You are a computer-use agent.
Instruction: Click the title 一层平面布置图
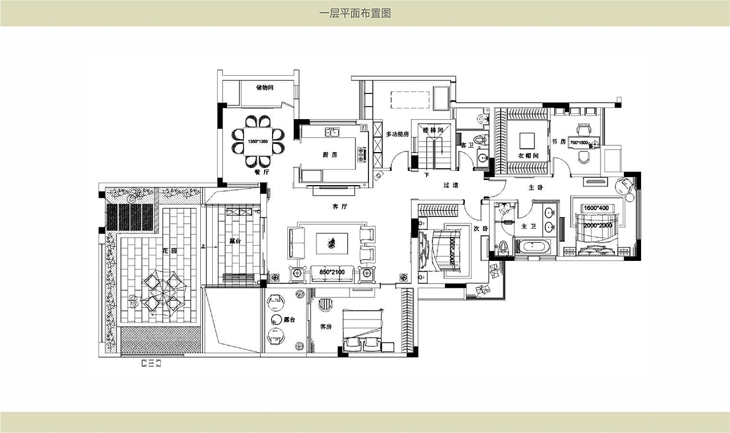[355, 13]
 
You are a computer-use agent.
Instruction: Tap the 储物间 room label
[265, 88]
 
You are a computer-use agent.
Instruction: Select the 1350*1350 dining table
[258, 141]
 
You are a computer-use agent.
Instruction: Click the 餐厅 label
[262, 171]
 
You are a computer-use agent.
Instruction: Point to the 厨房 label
[330, 154]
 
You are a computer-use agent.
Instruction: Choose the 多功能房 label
[398, 134]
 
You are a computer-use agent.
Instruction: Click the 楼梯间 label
[433, 130]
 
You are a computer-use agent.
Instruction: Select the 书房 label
[558, 141]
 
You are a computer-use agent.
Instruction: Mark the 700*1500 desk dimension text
[579, 143]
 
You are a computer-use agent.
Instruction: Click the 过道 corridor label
[451, 185]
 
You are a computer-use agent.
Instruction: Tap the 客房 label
[326, 326]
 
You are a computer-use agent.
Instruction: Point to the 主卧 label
[536, 187]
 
